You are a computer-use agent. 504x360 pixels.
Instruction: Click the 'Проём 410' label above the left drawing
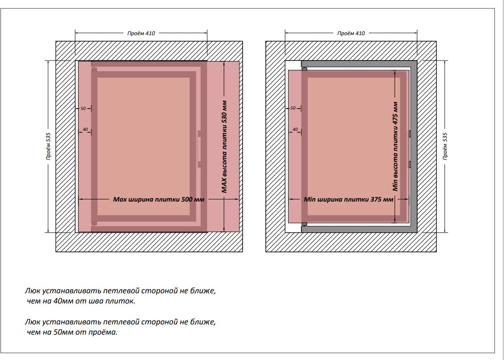pyautogui.click(x=141, y=33)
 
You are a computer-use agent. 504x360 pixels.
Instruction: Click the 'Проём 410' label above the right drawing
pyautogui.click(x=351, y=33)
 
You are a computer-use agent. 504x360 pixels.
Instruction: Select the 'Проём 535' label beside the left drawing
pyautogui.click(x=48, y=146)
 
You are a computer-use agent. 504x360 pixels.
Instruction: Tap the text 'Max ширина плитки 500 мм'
pyautogui.click(x=159, y=199)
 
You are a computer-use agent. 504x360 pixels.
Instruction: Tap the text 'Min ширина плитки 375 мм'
pyautogui.click(x=349, y=199)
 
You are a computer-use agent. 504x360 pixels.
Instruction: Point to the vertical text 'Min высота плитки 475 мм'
pyautogui.click(x=395, y=146)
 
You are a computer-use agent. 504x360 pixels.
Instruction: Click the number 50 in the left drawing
pyautogui.click(x=83, y=108)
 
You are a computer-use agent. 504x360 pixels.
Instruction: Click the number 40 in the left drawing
pyautogui.click(x=85, y=129)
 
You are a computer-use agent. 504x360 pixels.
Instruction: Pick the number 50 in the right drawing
pyautogui.click(x=293, y=108)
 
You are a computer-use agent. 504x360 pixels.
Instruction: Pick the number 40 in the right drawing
pyautogui.click(x=294, y=129)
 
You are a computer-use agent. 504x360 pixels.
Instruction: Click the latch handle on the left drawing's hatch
pyautogui.click(x=200, y=149)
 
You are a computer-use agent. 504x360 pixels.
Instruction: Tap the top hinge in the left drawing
pyautogui.click(x=93, y=69)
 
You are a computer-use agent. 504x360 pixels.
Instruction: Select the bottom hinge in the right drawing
pyautogui.click(x=304, y=223)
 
